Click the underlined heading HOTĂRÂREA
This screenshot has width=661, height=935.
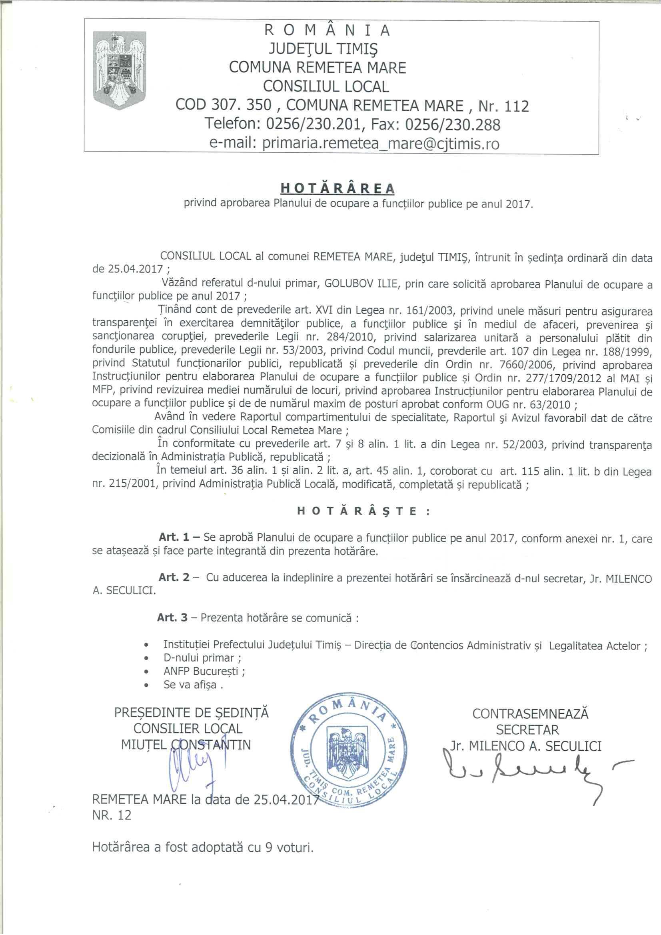pos(337,188)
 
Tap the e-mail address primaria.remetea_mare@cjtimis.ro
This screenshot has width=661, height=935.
pos(354,144)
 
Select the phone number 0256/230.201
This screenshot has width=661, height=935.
pos(313,124)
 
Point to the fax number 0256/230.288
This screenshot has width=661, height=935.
pos(453,124)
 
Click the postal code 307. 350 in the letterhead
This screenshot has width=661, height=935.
pos(242,106)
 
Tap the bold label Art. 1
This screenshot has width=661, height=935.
pos(174,538)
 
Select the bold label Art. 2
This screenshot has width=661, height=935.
pos(174,577)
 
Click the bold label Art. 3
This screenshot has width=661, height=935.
pos(173,617)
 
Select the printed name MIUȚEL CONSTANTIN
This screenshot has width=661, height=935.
pos(186,745)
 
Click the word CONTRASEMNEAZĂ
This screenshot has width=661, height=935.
pos(530,713)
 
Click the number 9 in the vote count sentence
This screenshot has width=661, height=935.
pos(268,847)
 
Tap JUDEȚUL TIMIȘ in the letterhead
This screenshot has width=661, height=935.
pos(323,49)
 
